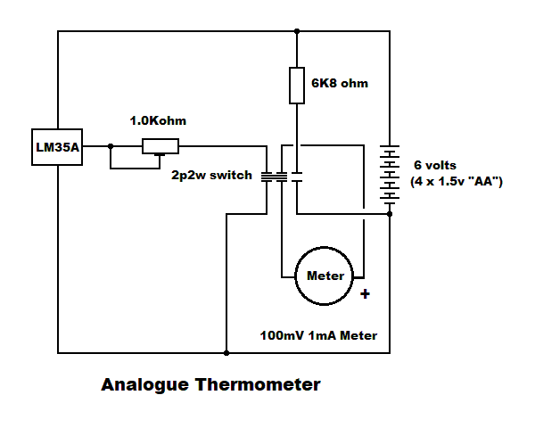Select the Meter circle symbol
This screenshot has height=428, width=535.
325,275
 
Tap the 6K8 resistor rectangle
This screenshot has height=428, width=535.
296,84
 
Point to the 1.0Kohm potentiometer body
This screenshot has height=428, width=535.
160,147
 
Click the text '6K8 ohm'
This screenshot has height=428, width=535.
340,84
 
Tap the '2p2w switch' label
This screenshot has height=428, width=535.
212,175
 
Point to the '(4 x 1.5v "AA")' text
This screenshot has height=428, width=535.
457,182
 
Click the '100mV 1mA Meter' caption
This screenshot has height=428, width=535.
318,336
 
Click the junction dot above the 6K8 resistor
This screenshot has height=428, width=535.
296,32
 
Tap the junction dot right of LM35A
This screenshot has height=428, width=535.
111,147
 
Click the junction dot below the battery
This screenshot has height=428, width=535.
390,213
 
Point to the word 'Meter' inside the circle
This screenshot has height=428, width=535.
325,275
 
